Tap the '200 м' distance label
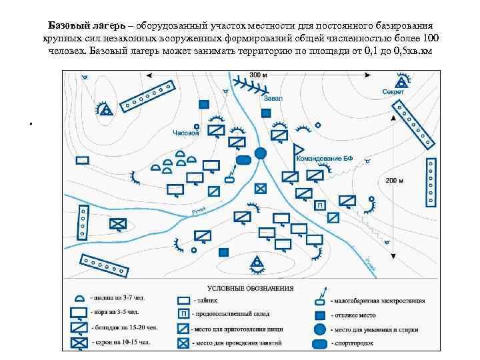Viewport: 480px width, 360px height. coord(394,180)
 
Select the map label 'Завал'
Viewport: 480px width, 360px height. coord(273,98)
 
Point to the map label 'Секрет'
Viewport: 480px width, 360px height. coord(393,92)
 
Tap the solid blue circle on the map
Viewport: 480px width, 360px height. coord(261,153)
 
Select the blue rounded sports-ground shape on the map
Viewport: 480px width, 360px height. coord(243,159)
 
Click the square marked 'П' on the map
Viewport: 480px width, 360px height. coord(320,205)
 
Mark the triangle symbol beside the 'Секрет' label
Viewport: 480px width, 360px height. coord(401,82)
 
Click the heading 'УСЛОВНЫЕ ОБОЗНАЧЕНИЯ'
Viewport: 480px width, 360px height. coord(251,287)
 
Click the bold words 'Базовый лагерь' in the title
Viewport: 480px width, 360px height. coord(89,25)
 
